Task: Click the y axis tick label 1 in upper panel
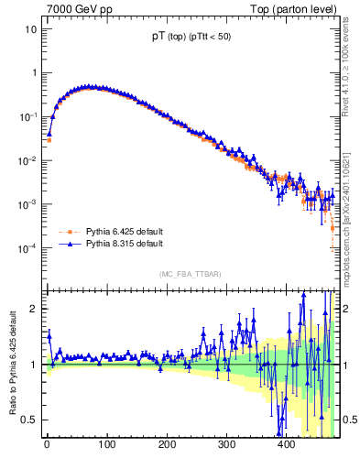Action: coord(30,72)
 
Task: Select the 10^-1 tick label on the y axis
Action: coord(26,116)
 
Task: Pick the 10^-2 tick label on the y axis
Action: coord(26,160)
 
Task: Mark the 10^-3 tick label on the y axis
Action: coord(26,204)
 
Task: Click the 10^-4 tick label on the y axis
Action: coord(26,248)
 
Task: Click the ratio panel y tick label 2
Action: coord(31,309)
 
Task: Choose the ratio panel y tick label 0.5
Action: coord(27,420)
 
